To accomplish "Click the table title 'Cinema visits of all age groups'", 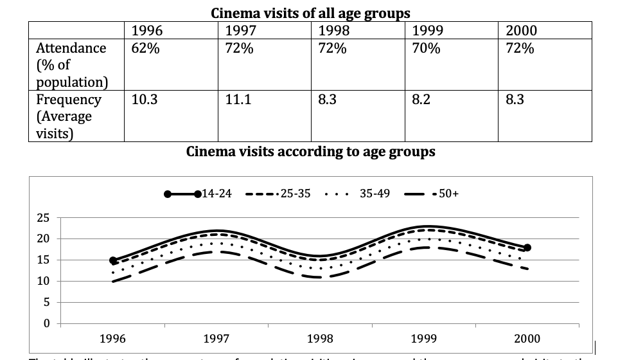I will point(310,13).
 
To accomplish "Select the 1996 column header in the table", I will point(146,30).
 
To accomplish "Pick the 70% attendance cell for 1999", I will point(426,48).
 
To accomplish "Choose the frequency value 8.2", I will point(421,100).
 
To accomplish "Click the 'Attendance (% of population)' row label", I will point(72,65).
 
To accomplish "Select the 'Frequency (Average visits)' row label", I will point(69,116).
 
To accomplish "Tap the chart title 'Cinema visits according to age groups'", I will point(310,152).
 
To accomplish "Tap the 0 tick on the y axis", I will point(46,323).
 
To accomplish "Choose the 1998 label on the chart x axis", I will point(320,338).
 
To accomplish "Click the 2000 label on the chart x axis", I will point(527,338).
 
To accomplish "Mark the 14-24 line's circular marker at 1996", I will point(113,260).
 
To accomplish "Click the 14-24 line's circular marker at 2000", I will point(527,248).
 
